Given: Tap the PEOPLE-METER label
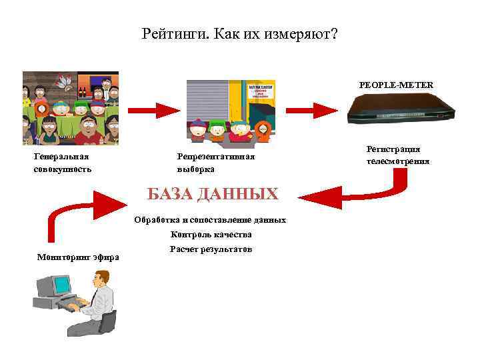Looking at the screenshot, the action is (x=395, y=85).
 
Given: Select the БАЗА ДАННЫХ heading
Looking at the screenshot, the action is (x=212, y=194).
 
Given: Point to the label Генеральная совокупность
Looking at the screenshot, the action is (x=62, y=163).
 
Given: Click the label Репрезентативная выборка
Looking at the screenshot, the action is (x=215, y=163).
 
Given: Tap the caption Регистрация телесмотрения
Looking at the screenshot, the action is (x=397, y=155).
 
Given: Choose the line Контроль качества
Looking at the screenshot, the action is (x=211, y=234).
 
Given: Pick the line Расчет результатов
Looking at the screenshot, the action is (x=211, y=249).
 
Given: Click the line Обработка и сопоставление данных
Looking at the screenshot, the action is (x=210, y=219).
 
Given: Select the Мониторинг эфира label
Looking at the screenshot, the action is (x=78, y=257).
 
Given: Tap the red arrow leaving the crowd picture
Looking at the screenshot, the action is (x=151, y=109).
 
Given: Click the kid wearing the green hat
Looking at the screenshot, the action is (x=217, y=129).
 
